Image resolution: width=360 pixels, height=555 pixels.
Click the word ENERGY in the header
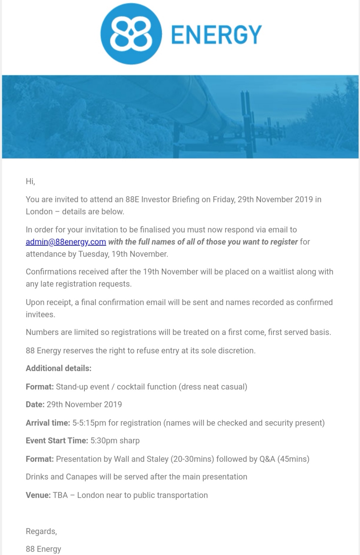pos(217,35)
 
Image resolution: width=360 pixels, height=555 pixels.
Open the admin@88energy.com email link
pos(66,242)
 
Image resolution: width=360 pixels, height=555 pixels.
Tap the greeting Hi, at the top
pos(30,181)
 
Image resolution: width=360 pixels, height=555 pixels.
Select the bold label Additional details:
pos(59,368)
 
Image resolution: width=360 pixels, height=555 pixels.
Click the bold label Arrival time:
pos(48,423)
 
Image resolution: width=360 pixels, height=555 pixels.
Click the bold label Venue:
pos(38,495)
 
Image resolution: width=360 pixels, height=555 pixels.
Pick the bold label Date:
pos(35,405)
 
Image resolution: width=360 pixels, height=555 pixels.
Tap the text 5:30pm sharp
pos(115,441)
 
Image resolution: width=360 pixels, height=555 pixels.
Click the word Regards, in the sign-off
pos(41,531)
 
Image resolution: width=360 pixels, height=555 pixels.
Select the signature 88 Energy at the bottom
pos(43,549)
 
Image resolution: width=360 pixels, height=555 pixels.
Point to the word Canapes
pos(81,477)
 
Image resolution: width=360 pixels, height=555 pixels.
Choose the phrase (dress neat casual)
pos(213,387)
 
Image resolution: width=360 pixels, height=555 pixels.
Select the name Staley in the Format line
pos(157,459)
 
